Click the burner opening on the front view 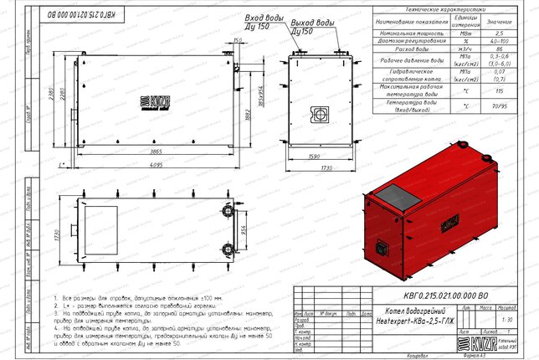click(x=318, y=113)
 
